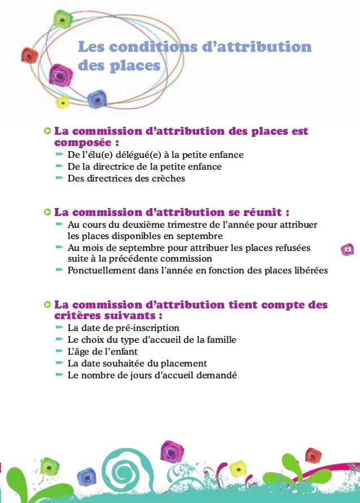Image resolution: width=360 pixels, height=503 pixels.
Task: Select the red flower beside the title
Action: (29, 55)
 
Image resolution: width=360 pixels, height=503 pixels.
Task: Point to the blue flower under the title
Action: (96, 99)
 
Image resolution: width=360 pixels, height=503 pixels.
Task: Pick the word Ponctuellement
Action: (102, 270)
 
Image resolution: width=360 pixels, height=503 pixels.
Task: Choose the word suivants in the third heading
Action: (131, 315)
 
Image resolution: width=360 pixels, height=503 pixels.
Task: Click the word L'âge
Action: (78, 352)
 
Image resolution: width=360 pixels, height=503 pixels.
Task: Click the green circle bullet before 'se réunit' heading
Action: (46, 213)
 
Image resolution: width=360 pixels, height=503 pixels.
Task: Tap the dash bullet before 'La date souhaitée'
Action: (59, 363)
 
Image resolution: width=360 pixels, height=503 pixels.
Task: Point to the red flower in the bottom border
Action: (312, 455)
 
